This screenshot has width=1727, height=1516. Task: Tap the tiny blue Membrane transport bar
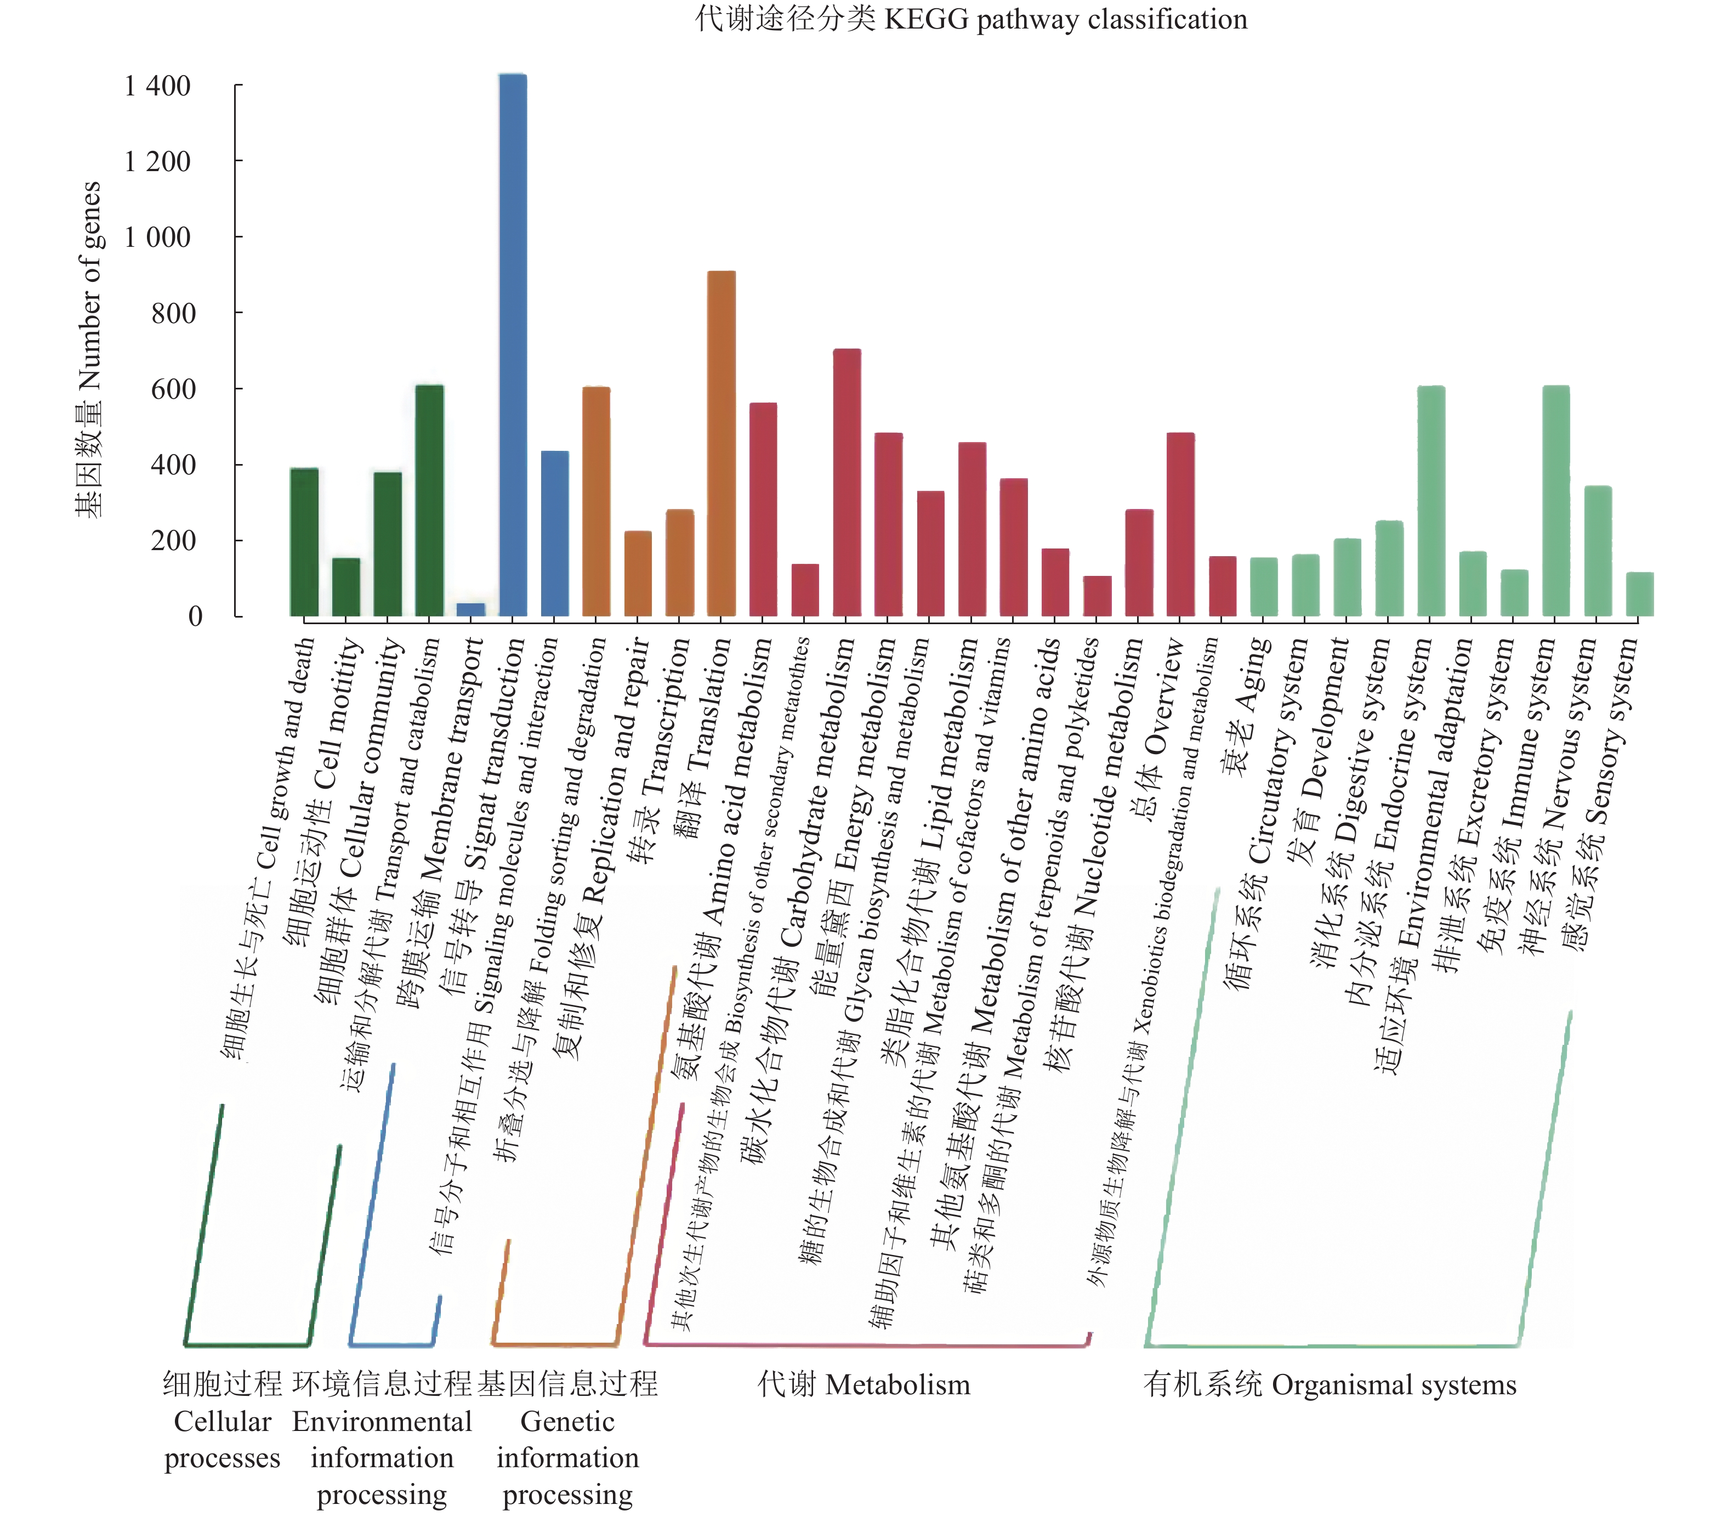click(470, 609)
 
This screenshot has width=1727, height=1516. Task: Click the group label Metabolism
click(863, 1384)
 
